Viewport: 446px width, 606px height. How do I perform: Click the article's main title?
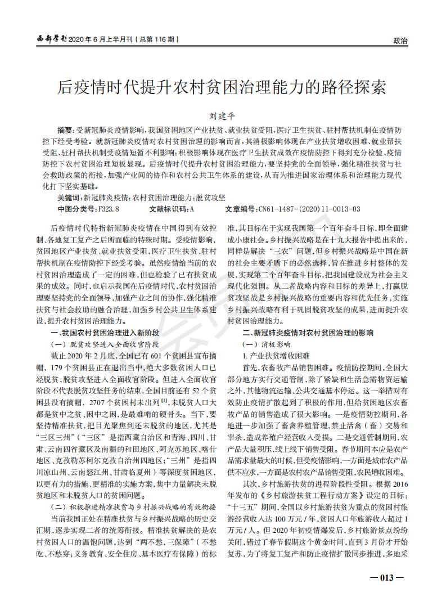[x=223, y=87]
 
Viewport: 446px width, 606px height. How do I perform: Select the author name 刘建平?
[x=223, y=116]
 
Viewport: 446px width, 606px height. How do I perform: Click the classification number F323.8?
[x=109, y=208]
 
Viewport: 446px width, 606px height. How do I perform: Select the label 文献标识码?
[x=169, y=208]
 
